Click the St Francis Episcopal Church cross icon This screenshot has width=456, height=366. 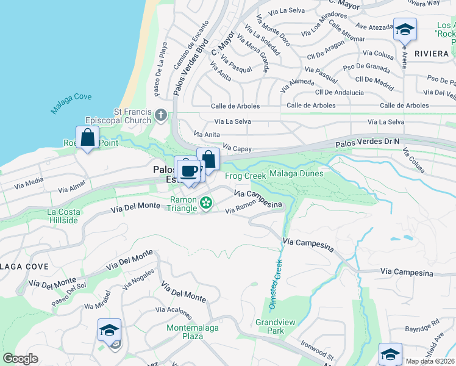click(161, 114)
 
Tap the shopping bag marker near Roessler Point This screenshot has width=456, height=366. click(88, 138)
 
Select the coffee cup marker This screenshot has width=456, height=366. click(190, 170)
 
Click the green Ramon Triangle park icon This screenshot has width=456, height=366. click(207, 201)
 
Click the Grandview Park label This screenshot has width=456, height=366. click(270, 326)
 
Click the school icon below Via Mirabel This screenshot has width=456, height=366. click(110, 331)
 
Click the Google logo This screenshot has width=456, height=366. click(21, 359)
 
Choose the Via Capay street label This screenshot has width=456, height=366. click(238, 148)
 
